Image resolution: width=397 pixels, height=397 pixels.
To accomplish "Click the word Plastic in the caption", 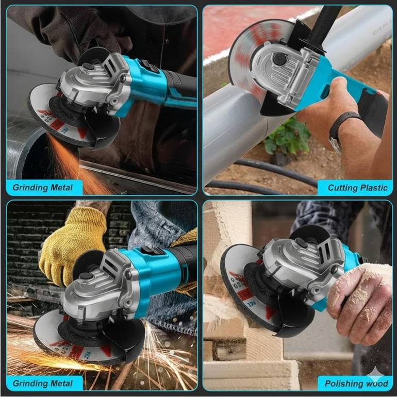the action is click(373, 188).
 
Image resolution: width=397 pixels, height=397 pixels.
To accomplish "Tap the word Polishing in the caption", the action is click(342, 384).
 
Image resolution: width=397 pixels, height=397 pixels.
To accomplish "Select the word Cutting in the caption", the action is click(342, 188).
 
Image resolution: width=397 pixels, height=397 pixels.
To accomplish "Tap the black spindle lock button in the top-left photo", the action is click(88, 66).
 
